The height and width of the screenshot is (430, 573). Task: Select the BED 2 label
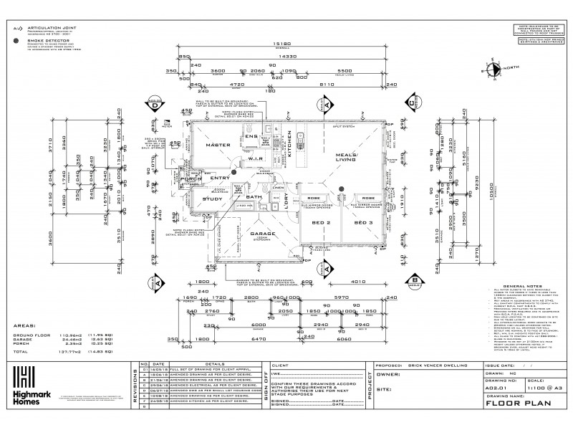pos(322,224)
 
